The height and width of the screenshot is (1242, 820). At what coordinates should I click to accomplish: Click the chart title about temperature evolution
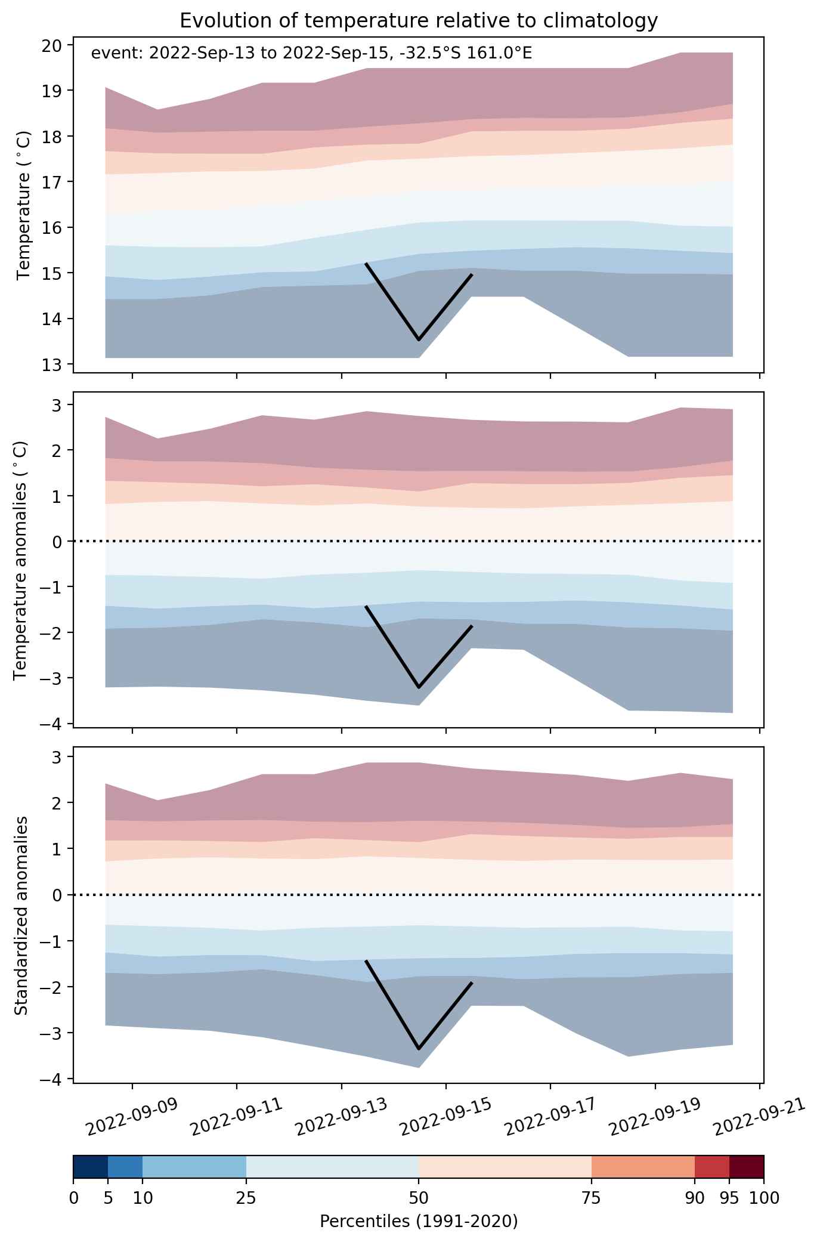click(x=419, y=21)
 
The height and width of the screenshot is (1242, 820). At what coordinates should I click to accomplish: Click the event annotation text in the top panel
click(x=311, y=54)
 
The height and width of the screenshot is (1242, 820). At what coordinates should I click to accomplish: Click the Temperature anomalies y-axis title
click(x=21, y=560)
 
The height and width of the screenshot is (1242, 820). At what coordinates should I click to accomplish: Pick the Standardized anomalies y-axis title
click(x=21, y=915)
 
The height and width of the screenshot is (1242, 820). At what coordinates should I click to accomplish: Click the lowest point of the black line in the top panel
click(x=419, y=339)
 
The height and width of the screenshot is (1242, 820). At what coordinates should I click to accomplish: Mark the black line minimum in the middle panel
click(x=419, y=687)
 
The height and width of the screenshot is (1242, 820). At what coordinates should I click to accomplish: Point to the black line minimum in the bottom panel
click(x=419, y=1048)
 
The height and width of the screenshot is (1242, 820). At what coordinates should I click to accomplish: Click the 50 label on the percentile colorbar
click(x=419, y=1198)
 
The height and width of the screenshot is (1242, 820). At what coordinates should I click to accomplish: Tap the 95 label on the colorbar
click(x=729, y=1198)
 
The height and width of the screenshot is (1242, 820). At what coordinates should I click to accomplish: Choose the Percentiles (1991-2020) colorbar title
click(x=419, y=1221)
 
